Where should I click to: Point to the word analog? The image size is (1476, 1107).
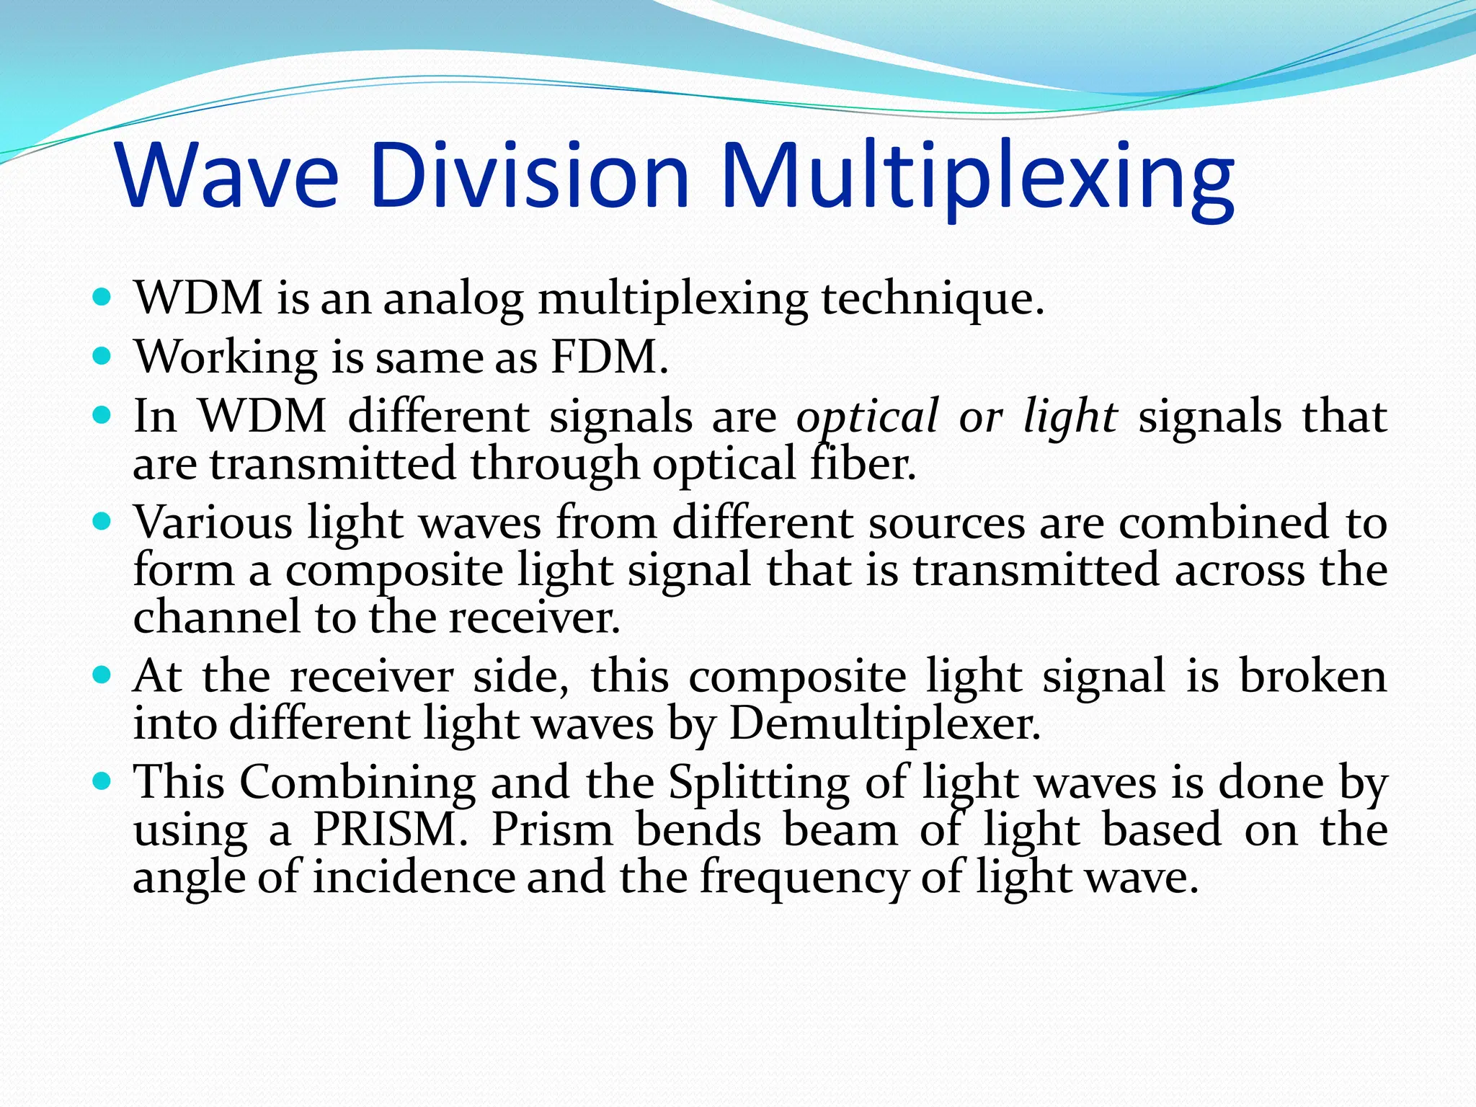coord(453,300)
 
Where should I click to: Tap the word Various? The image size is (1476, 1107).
coord(213,522)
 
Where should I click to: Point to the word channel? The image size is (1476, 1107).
coord(217,617)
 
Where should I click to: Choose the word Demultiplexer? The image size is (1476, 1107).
coord(885,723)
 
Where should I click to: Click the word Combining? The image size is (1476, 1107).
coord(357,782)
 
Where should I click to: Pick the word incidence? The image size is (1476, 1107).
coord(414,877)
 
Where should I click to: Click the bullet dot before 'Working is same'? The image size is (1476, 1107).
coord(102,355)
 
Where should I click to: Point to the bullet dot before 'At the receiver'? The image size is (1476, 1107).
coord(102,675)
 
